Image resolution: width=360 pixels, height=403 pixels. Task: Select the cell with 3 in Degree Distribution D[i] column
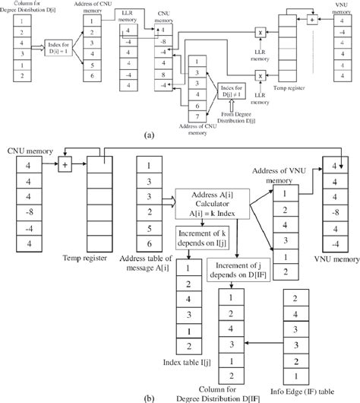pos(24,54)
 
